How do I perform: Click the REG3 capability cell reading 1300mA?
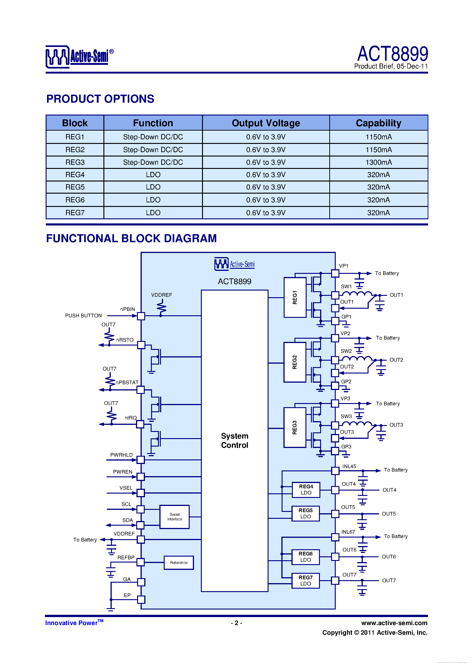[379, 162]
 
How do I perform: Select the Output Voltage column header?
[266, 123]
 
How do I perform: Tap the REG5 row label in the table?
[75, 187]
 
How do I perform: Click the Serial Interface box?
[174, 517]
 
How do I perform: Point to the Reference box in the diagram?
[179, 563]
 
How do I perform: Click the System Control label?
[235, 441]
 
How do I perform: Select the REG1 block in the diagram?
[295, 297]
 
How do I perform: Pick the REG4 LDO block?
[306, 490]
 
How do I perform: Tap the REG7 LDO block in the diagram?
[305, 581]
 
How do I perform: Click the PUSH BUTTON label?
[83, 316]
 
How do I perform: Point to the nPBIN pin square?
[141, 316]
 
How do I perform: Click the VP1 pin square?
[335, 273]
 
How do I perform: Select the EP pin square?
[141, 600]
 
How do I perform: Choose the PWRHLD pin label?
[121, 455]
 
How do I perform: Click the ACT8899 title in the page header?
[393, 54]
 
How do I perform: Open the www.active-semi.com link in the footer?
[394, 623]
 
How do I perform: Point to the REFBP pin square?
[141, 562]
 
